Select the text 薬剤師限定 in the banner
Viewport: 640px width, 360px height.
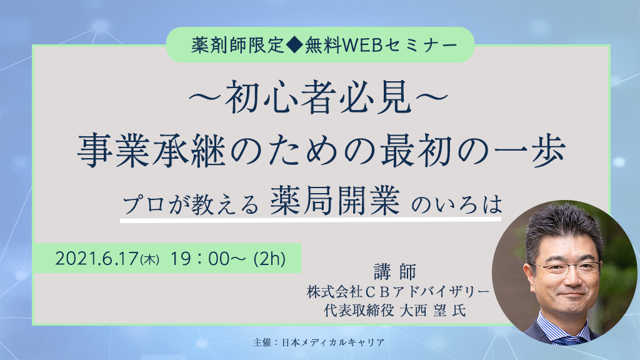click(237, 45)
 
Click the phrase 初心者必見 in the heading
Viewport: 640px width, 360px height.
click(318, 97)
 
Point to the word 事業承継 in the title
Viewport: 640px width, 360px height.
click(152, 151)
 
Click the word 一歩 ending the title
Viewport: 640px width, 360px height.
click(530, 151)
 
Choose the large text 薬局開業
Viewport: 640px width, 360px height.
click(335, 201)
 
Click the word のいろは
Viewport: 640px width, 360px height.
click(456, 204)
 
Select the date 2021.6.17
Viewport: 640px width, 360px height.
click(97, 259)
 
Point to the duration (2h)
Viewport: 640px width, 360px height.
click(269, 259)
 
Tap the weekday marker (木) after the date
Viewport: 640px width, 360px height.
click(149, 259)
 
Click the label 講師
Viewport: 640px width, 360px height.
click(395, 272)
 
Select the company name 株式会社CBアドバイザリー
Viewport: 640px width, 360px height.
click(398, 291)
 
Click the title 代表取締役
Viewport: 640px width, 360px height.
click(359, 311)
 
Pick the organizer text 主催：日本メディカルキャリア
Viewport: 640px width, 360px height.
click(319, 342)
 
